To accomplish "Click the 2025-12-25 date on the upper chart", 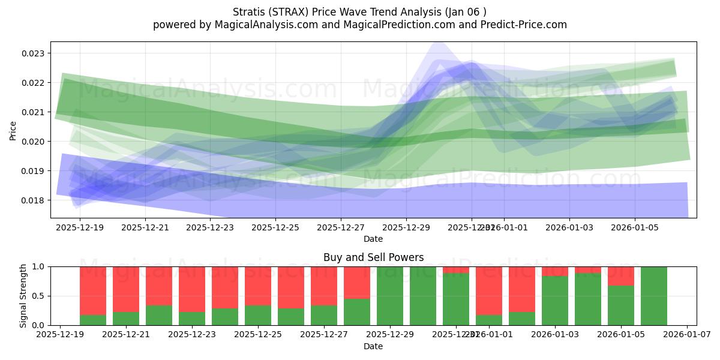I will click(x=275, y=227).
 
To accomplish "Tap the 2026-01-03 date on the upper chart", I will click(x=569, y=227).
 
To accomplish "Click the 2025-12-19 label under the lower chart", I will click(x=60, y=334).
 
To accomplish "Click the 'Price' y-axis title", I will click(x=13, y=130).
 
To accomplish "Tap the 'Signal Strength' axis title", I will click(x=23, y=296).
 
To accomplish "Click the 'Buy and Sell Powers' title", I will click(x=373, y=257).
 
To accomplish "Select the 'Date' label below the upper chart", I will click(x=373, y=239).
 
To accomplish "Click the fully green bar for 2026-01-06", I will click(x=654, y=296).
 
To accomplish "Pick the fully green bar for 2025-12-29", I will click(x=390, y=296).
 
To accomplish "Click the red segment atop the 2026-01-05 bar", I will click(x=621, y=276).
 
